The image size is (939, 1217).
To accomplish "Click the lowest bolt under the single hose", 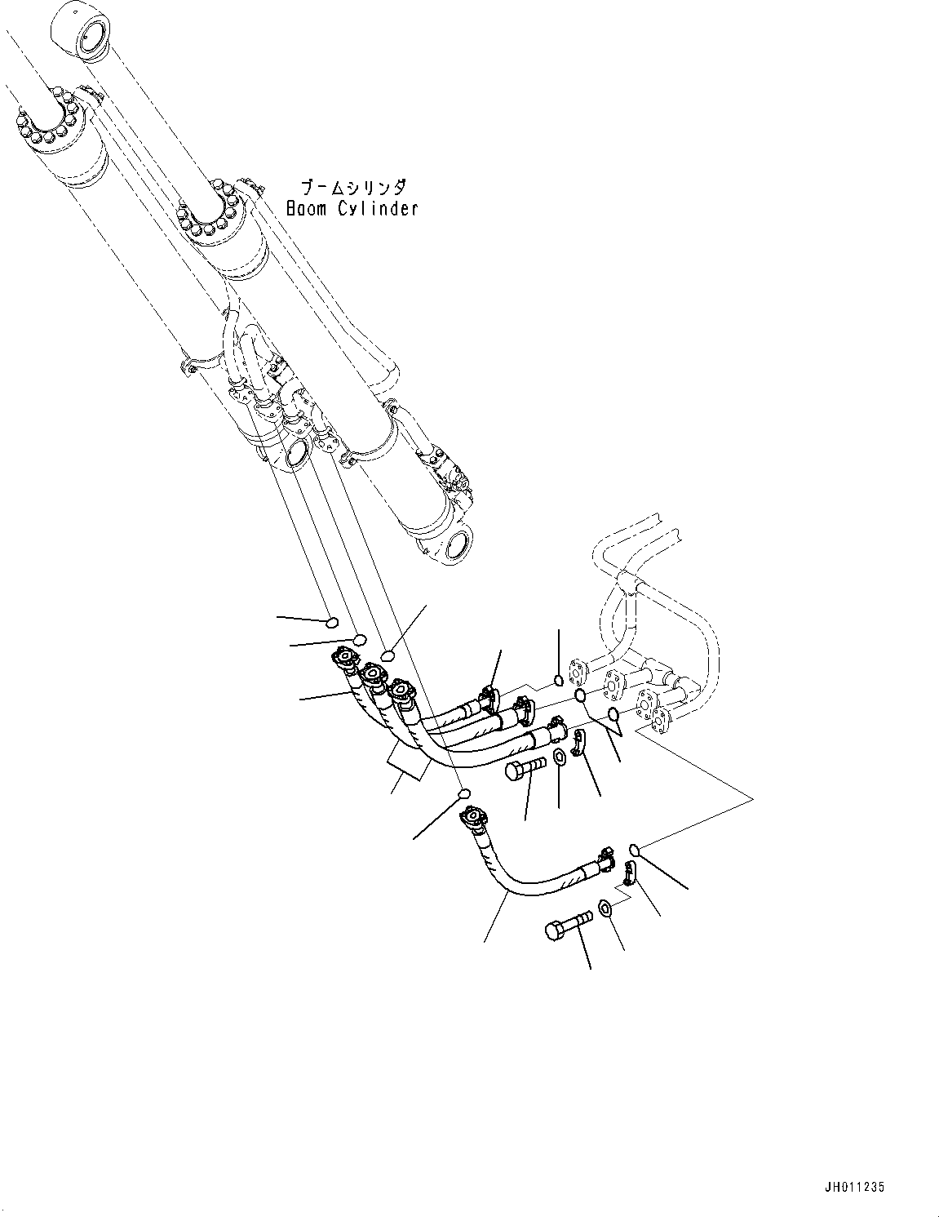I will [x=566, y=930].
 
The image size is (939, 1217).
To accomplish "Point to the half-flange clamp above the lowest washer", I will [x=630, y=873].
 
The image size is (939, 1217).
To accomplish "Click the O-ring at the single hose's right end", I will [x=636, y=851].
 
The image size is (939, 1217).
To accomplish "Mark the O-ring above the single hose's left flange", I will [x=463, y=794].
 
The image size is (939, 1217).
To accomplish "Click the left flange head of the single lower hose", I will [x=474, y=815].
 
